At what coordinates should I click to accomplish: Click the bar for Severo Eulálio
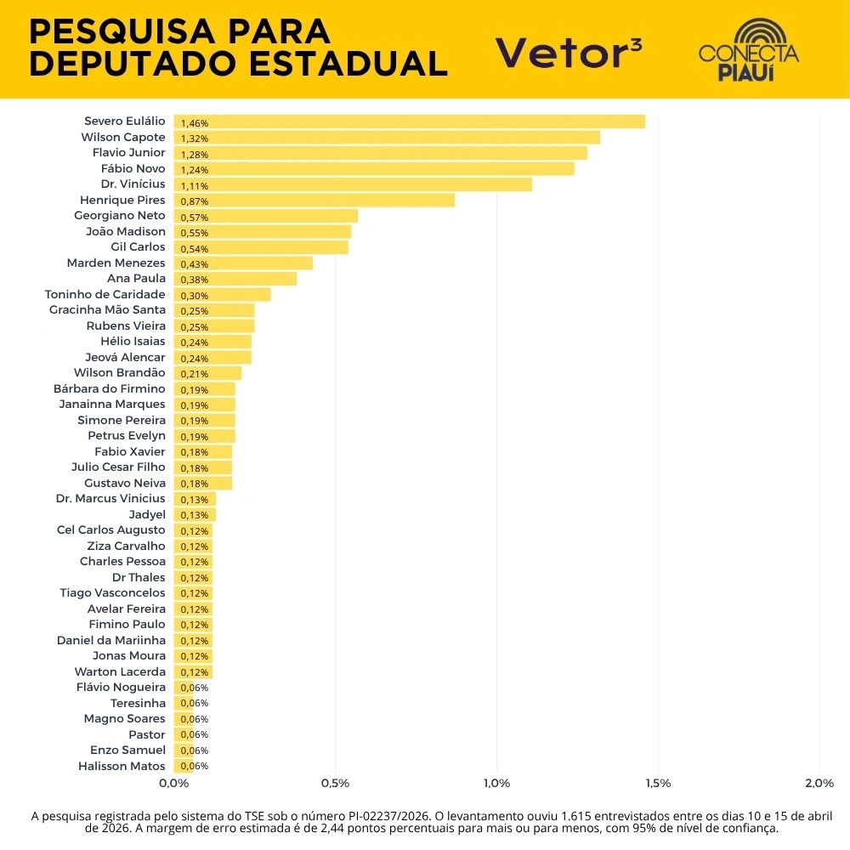409,122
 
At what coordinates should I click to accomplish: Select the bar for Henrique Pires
314,200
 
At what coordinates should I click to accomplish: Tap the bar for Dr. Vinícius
353,184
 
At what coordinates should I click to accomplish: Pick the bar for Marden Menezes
243,263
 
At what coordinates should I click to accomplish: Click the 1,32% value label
195,139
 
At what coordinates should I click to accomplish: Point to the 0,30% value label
195,296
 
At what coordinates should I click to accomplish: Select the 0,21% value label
195,374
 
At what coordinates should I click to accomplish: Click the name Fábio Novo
133,168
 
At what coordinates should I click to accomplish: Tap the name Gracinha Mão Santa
107,310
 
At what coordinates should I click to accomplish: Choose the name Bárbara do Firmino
110,388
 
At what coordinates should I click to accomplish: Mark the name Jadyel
147,514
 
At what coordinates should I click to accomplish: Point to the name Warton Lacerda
120,671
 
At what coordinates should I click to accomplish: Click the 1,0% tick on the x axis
496,783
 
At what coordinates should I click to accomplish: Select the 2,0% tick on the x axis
819,783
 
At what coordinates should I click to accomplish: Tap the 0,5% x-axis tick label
336,783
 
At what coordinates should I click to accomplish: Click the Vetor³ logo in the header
569,53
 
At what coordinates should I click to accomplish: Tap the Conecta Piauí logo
748,50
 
